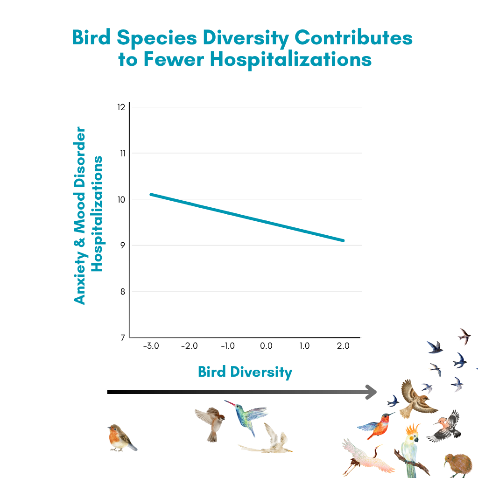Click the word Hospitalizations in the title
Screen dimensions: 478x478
click(291, 59)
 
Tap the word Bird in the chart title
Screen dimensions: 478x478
click(91, 37)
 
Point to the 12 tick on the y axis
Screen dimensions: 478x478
click(121, 107)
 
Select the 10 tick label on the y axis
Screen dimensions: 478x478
click(121, 200)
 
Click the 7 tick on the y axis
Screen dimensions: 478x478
click(123, 337)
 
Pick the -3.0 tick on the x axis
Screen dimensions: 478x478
click(151, 346)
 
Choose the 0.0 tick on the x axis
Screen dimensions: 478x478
click(266, 346)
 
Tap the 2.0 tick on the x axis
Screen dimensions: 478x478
click(343, 346)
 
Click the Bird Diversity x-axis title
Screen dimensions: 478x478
click(245, 372)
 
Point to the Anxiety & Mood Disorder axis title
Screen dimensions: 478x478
click(79, 216)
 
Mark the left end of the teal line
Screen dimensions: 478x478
click(151, 195)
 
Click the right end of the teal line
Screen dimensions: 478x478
click(343, 240)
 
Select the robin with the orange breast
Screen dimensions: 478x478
click(122, 438)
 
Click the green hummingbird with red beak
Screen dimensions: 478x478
click(246, 416)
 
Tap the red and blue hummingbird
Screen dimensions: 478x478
click(377, 425)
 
